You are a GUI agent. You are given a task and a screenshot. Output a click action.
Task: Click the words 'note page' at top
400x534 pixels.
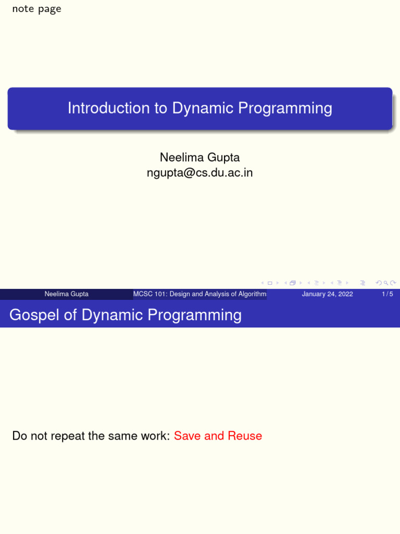[36, 9]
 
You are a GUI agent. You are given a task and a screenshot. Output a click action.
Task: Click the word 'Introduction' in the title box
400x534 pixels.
[101, 108]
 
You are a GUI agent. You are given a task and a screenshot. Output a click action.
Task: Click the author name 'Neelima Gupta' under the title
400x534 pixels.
[199, 157]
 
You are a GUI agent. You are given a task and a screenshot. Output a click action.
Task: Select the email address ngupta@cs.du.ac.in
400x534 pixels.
[199, 173]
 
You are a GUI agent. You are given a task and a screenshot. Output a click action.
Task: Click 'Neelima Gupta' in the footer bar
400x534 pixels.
[66, 294]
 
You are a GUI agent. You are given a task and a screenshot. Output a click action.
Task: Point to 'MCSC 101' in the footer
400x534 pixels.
[148, 294]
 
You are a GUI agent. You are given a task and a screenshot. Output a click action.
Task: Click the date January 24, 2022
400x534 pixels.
[327, 294]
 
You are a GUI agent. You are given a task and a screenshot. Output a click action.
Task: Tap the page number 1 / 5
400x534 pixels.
[387, 294]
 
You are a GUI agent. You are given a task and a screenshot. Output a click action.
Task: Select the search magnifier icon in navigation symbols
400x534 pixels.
[385, 283]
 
